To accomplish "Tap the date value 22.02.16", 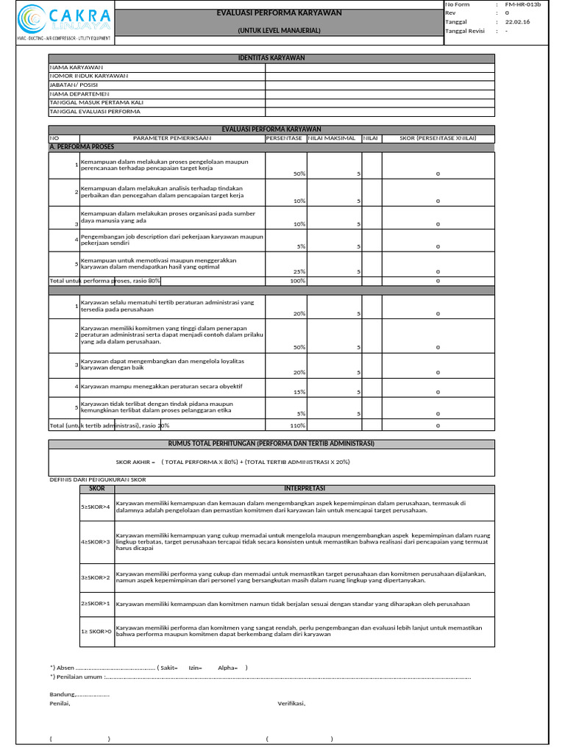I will coord(517,22).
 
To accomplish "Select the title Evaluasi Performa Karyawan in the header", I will coord(279,13).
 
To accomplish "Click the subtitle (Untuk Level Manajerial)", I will coord(279,31).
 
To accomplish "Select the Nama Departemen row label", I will coord(79,93).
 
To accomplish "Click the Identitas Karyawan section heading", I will coord(272,58).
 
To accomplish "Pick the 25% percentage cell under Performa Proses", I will coord(299,271).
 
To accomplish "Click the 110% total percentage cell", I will coord(297,425).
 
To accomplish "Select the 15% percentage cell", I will coord(299,392).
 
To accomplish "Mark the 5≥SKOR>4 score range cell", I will coord(96,507).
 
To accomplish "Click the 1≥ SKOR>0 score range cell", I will coord(96,631).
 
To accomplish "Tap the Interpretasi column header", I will coord(304,488).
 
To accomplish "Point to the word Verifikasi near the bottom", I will coord(291,703).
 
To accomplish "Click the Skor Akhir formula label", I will coord(135,462).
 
